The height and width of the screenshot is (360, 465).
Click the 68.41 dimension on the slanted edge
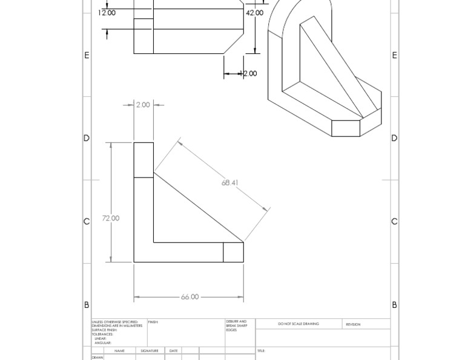[229, 182]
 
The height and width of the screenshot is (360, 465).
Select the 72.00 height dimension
[111, 218]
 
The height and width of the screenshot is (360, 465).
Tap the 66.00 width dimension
[190, 297]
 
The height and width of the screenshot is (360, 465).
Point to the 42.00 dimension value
[254, 13]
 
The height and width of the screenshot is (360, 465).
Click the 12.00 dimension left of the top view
[107, 13]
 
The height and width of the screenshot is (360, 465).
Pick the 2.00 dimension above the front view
[143, 105]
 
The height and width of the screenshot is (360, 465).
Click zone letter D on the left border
[87, 138]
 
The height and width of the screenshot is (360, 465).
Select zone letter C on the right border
[394, 222]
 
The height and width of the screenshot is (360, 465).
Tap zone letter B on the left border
[87, 305]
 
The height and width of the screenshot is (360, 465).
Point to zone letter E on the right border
[394, 55]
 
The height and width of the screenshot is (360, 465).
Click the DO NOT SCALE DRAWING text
[298, 324]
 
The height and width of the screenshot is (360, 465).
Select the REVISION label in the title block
[353, 324]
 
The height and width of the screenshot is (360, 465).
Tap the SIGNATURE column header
[150, 351]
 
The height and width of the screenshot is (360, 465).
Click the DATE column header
[174, 351]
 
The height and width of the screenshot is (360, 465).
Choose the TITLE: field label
[261, 351]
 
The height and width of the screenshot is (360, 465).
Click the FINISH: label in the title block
[153, 322]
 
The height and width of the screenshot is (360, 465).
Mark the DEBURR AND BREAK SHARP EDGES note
[236, 325]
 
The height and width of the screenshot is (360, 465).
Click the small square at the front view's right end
[233, 252]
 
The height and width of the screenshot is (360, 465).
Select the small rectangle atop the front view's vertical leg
[143, 160]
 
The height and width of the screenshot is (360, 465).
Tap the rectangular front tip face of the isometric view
[346, 128]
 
